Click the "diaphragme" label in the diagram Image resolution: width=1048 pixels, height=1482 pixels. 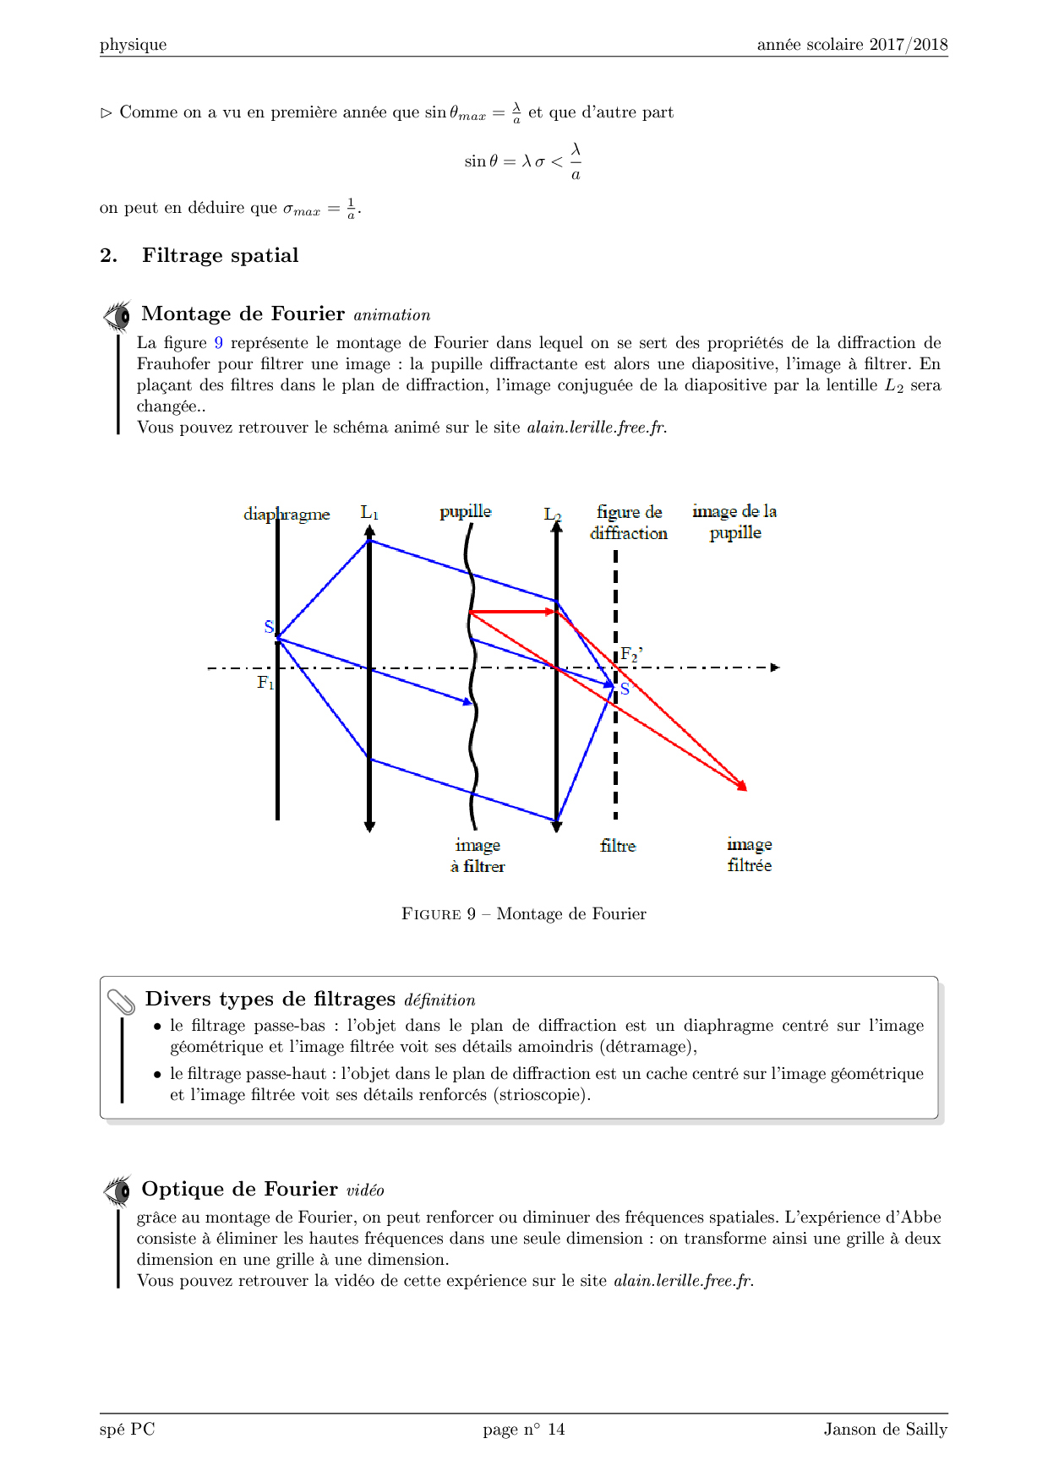tap(287, 514)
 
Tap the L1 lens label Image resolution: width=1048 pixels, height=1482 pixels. tap(369, 512)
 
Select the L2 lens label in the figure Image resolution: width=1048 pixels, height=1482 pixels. tap(552, 514)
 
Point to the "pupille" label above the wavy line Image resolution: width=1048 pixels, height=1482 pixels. tap(465, 511)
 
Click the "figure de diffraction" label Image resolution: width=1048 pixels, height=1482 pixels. tap(629, 522)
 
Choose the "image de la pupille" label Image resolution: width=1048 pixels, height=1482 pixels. tap(734, 521)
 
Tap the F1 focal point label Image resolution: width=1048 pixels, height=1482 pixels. tap(265, 682)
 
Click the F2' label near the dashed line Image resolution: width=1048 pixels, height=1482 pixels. tap(631, 654)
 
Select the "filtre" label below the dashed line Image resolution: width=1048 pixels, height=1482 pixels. tap(618, 845)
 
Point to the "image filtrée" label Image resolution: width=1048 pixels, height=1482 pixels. tap(750, 854)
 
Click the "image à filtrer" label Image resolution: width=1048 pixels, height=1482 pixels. tap(478, 855)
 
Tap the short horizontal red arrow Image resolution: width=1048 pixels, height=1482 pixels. tap(512, 611)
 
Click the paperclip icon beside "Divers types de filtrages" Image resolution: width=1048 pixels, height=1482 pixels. tap(122, 1002)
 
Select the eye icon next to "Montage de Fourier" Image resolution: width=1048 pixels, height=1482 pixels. tap(117, 316)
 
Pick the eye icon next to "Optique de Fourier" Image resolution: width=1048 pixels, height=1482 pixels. tap(117, 1191)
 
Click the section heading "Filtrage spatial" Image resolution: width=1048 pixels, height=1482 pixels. tap(220, 255)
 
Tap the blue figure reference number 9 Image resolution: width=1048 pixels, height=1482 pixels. tap(219, 343)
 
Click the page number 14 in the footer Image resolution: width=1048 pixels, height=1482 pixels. tap(555, 1429)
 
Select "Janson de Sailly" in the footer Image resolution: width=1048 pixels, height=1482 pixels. tap(885, 1429)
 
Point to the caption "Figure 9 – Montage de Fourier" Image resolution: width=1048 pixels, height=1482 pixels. tap(523, 913)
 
